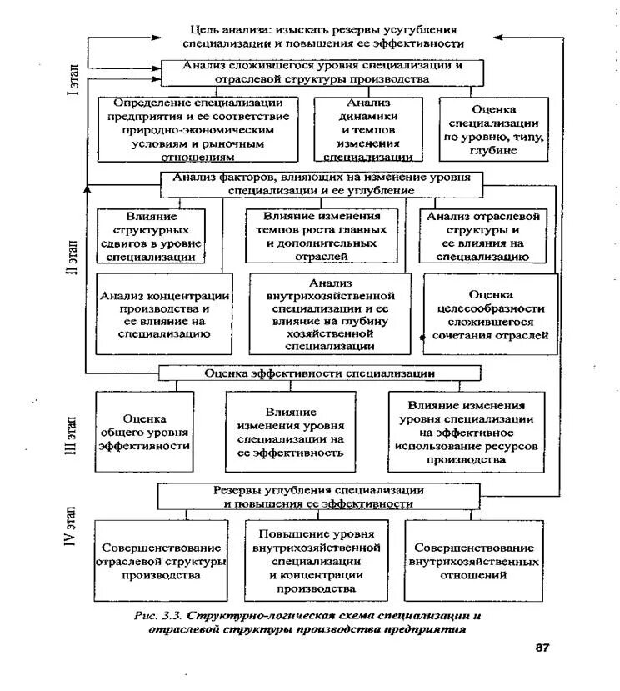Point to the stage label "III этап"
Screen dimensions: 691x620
[72, 433]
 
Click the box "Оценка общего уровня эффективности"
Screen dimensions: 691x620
[144, 432]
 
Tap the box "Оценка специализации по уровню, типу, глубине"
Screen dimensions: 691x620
[493, 129]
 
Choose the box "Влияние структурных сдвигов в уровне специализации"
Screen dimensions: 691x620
[150, 236]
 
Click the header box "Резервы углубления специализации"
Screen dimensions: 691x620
[320, 497]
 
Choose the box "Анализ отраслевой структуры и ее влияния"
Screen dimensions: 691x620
[483, 236]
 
